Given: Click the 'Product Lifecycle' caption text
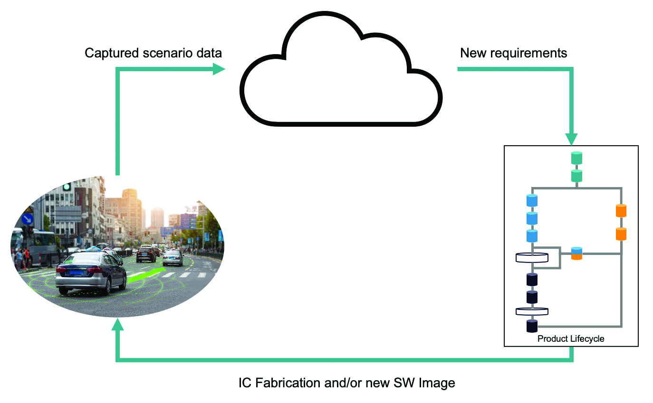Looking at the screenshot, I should pos(571,339).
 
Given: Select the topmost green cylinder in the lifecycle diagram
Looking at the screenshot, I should pos(576,158).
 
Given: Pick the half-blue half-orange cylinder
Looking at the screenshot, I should pos(576,253).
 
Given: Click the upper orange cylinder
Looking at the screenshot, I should pos(621,210).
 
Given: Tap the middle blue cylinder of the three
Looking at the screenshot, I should pos(532,218).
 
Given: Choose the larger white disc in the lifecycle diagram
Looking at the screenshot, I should pos(532,258).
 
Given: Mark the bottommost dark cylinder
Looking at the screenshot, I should pos(532,326).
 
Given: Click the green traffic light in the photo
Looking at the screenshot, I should pos(67,187).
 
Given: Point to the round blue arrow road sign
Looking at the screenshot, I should pos(28,219).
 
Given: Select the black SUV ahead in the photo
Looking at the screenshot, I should pos(145,254).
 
